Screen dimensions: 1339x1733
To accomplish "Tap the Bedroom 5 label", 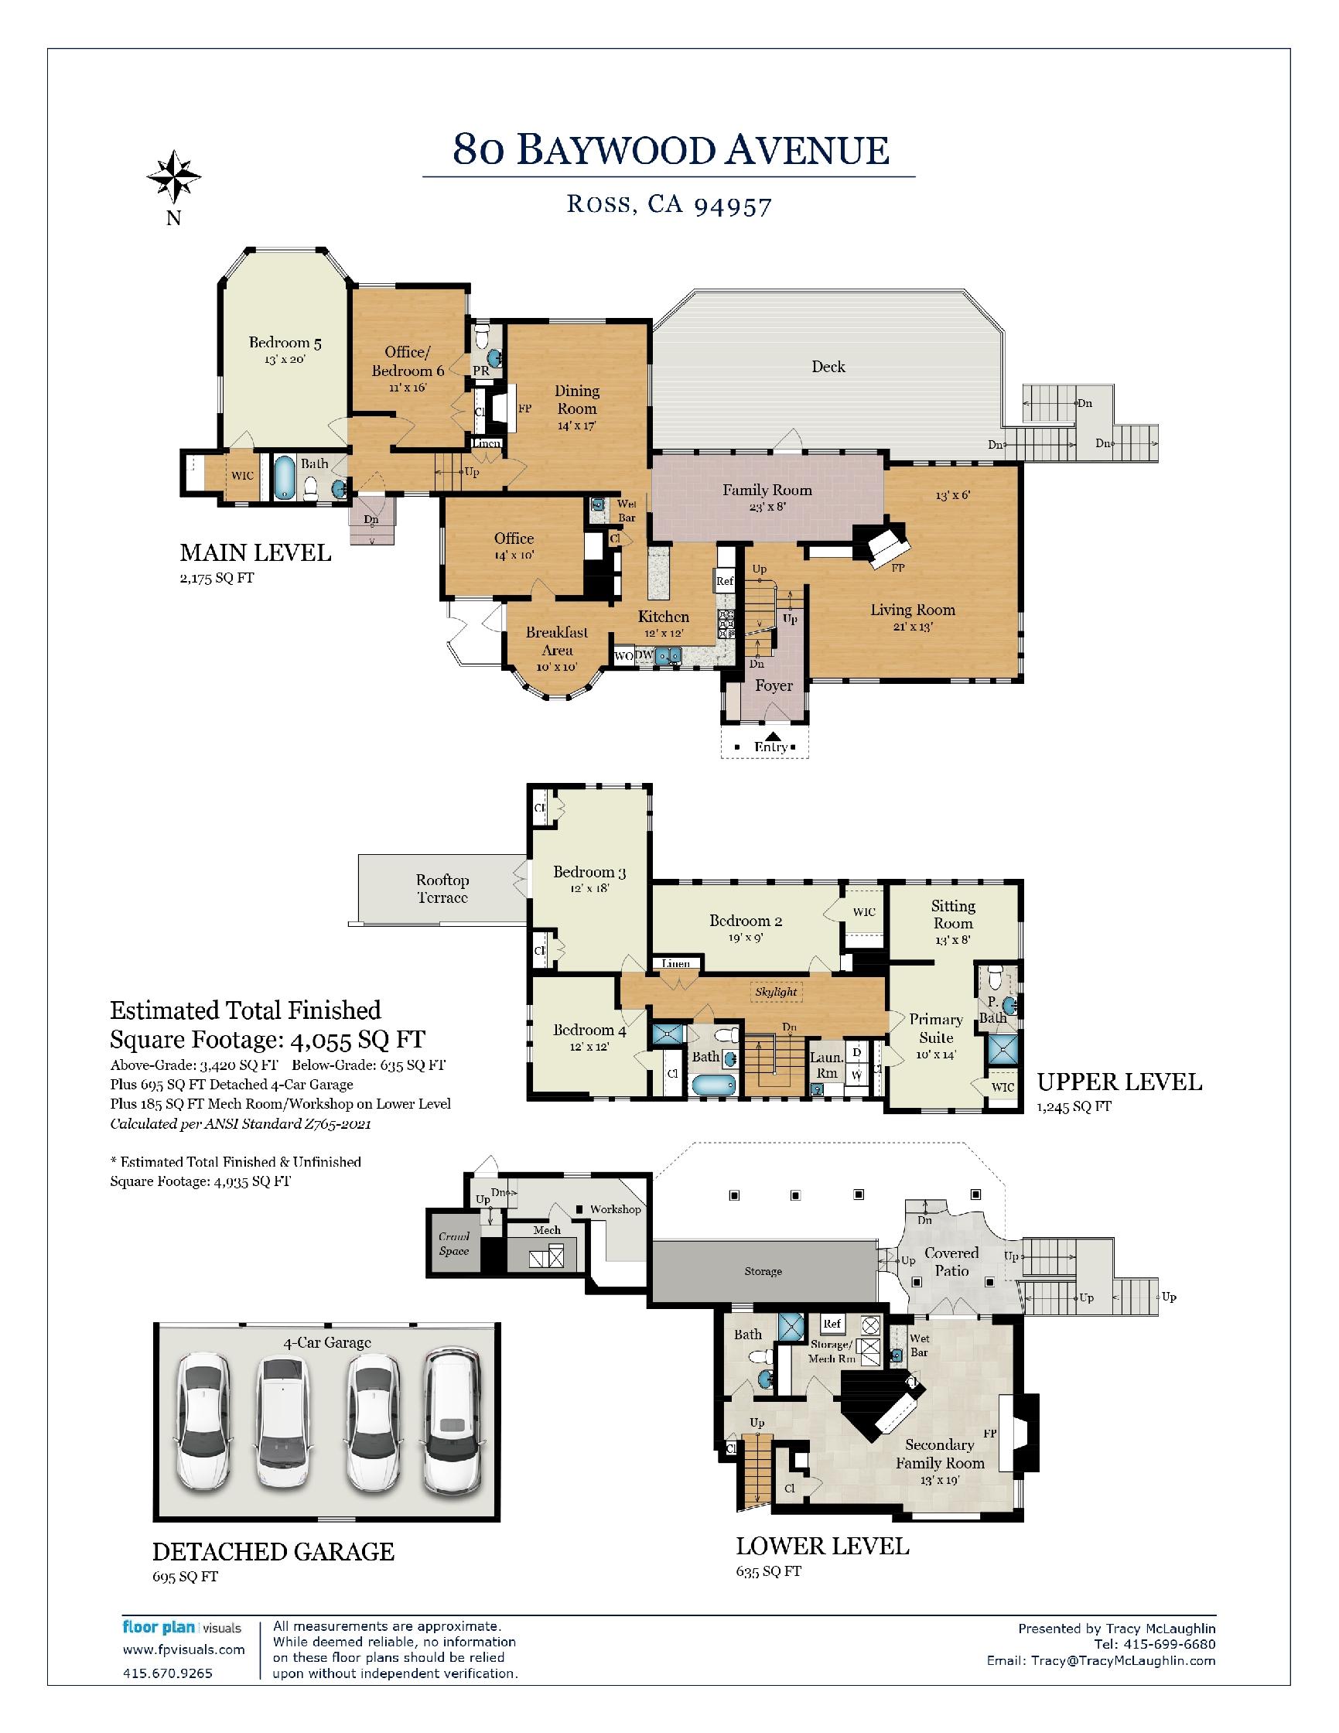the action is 285,343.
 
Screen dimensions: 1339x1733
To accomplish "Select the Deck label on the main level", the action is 828,367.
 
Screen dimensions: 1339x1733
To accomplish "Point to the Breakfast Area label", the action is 557,641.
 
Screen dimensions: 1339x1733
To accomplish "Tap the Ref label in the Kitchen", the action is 725,581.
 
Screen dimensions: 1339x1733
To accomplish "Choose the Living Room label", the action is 912,610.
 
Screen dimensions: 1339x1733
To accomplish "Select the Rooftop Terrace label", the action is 442,889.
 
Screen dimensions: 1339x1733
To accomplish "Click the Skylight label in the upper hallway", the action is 776,992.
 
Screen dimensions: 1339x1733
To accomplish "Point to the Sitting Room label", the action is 953,914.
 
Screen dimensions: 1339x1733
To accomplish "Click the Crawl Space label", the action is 455,1243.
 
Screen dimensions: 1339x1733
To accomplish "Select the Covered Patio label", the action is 952,1262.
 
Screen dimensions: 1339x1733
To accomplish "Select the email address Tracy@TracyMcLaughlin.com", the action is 1122,1660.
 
